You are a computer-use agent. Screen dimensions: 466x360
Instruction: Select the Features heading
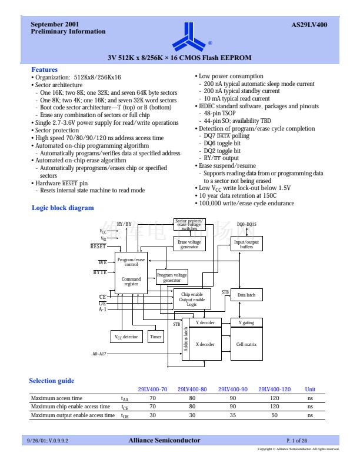44,69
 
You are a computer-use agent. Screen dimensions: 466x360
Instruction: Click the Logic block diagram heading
62,208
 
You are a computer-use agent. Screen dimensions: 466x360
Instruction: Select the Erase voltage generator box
189,244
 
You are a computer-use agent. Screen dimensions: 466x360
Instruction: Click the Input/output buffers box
246,244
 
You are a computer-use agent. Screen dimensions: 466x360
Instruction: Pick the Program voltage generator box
172,277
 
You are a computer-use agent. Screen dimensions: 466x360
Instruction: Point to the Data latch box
246,295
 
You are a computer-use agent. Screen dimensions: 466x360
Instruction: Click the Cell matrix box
246,344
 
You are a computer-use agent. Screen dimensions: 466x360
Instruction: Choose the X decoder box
205,344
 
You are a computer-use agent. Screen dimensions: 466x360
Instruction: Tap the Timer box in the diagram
155,337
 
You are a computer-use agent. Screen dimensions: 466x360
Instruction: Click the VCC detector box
126,337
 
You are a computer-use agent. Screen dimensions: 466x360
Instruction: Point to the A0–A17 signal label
99,354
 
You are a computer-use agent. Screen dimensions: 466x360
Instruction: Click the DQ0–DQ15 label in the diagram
246,224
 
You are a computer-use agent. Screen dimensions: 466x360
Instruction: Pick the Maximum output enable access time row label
72,415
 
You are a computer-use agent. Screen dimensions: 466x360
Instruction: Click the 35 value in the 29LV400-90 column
232,415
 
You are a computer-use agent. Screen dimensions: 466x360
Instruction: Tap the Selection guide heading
52,381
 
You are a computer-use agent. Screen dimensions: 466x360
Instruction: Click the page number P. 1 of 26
297,440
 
